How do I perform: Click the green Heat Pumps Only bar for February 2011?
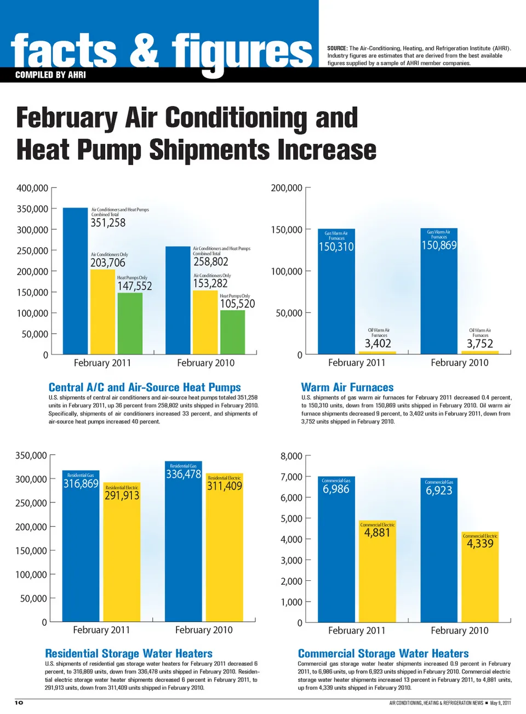coord(130,323)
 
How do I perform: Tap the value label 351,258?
coord(108,223)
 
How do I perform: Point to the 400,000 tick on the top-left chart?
coord(32,188)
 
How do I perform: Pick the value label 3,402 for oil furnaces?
coord(378,344)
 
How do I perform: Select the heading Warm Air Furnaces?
coord(347,387)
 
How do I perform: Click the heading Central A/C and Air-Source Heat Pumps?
coord(145,387)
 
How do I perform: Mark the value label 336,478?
coord(184,474)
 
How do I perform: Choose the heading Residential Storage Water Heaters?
coord(129,654)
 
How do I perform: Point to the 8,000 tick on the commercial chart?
coord(291,456)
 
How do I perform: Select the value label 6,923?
coord(439,490)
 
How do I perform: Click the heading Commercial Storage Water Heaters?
coord(384,654)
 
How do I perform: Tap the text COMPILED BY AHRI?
coord(50,75)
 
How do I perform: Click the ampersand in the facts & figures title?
coord(144,50)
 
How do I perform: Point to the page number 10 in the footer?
coord(19,702)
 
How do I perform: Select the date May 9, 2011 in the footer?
coord(500,703)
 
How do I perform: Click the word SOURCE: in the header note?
coord(338,48)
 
